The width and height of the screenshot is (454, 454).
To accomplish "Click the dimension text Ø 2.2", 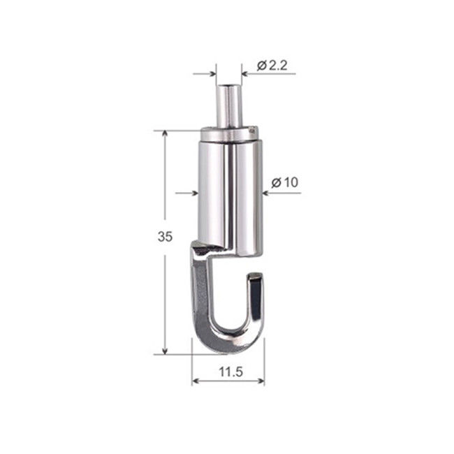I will pyautogui.click(x=272, y=66).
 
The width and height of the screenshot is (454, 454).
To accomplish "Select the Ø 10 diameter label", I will pyautogui.click(x=284, y=182).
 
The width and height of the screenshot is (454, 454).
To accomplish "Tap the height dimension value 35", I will pyautogui.click(x=165, y=237).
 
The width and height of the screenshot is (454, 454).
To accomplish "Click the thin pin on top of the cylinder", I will pyautogui.click(x=228, y=105).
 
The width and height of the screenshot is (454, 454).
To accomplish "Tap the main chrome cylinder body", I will pyautogui.click(x=229, y=189).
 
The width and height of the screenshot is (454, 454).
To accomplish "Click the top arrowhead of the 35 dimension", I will pyautogui.click(x=166, y=135).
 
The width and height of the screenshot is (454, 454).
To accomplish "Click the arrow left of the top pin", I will pyautogui.click(x=212, y=73).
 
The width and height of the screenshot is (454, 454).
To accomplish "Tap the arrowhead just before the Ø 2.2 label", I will pyautogui.click(x=245, y=73).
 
